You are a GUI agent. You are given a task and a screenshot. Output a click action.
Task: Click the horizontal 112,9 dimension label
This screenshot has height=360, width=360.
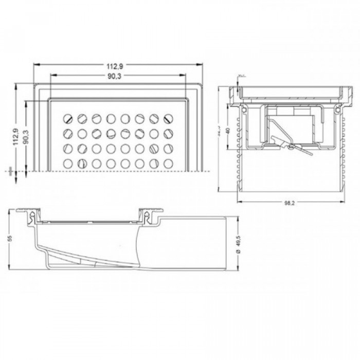tap(116, 65)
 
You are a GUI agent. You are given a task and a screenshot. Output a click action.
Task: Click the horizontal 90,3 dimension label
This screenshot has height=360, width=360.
tap(116, 77)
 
